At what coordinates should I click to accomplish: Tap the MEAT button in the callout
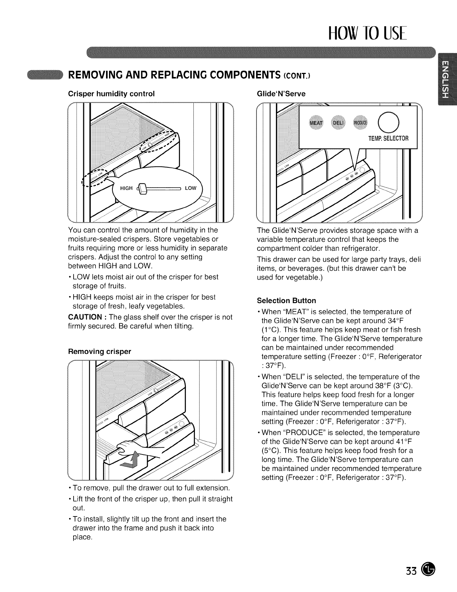coord(317,123)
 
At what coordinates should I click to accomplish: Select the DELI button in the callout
coord(338,123)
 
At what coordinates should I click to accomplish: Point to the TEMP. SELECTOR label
coord(388,138)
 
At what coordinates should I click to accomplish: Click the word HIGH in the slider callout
coord(126,188)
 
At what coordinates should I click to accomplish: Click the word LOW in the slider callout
coord(190,188)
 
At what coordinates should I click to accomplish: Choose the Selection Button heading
coord(286,300)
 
